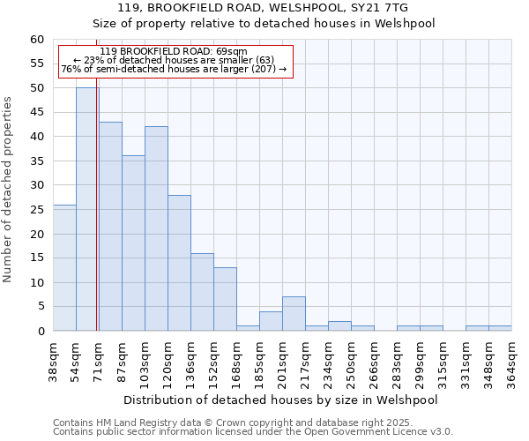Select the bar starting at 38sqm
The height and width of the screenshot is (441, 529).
pyautogui.click(x=64, y=267)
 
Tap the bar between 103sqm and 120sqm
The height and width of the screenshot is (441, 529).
pyautogui.click(x=156, y=228)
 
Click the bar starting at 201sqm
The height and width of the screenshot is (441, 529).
pyautogui.click(x=294, y=314)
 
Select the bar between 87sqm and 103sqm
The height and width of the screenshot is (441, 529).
pyautogui.click(x=133, y=243)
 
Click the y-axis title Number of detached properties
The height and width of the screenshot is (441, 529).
pyautogui.click(x=9, y=190)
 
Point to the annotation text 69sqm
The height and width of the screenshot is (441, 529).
pyautogui.click(x=174, y=52)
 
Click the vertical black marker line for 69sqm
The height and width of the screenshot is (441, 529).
pyautogui.click(x=96, y=220)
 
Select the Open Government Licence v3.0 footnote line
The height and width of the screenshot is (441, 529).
pyautogui.click(x=253, y=431)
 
